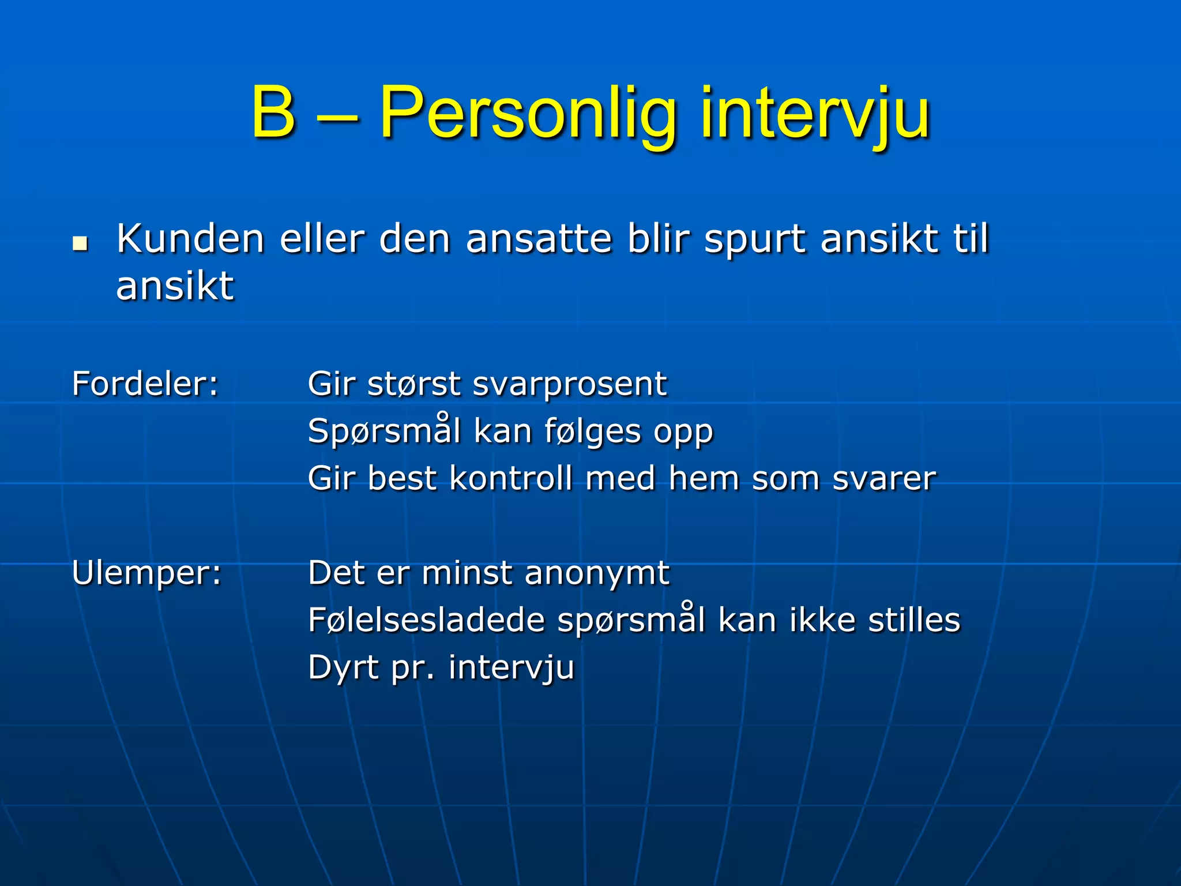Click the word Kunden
(190, 239)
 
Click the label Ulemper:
(146, 573)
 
